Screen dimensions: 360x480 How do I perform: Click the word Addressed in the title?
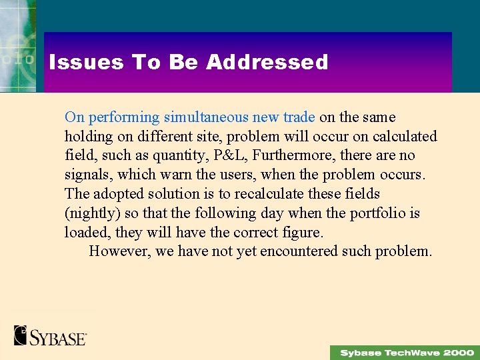pyautogui.click(x=267, y=63)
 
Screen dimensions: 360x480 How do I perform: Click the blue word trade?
pyautogui.click(x=299, y=117)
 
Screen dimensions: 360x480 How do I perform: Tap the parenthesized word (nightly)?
pyautogui.click(x=89, y=213)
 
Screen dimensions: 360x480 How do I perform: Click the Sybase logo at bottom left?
pyautogui.click(x=51, y=335)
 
